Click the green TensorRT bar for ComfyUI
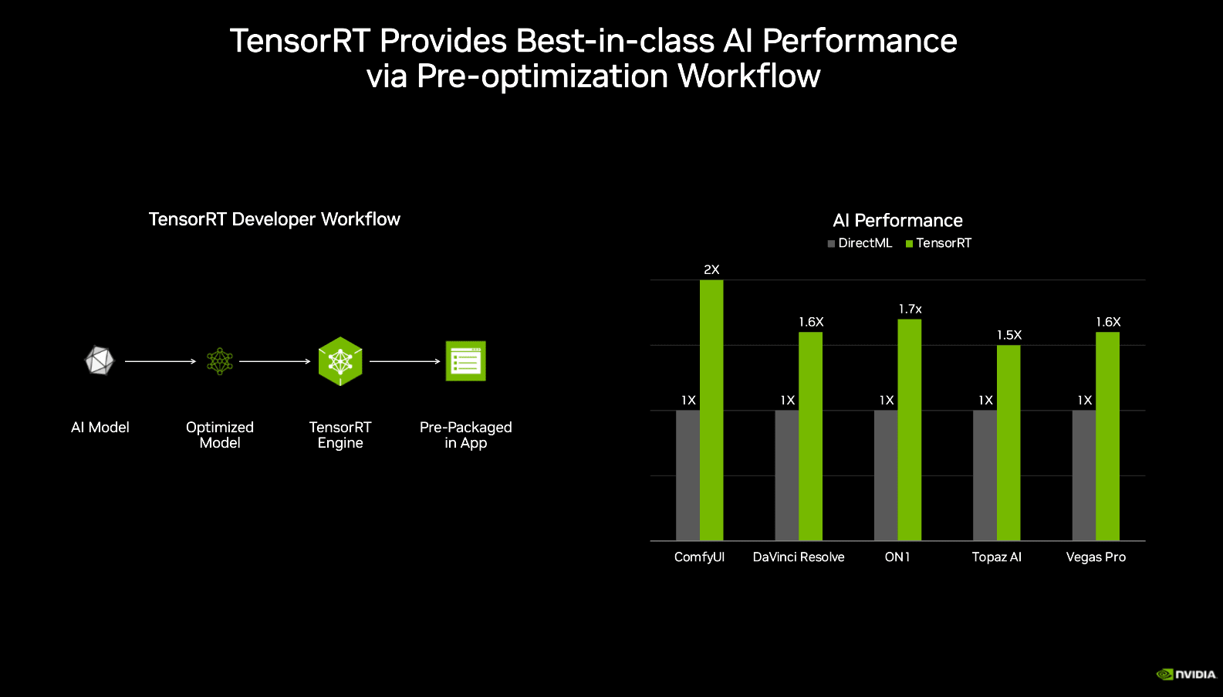point(711,409)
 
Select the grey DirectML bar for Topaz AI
point(985,475)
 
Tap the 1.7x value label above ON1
point(910,309)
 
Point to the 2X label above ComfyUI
point(711,269)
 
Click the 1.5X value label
point(1008,335)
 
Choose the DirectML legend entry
point(860,243)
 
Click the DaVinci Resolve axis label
point(799,557)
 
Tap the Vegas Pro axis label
point(1096,557)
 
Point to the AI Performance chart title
point(897,221)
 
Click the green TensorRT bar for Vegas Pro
point(1107,436)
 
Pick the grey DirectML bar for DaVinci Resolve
point(786,475)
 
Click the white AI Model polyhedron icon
point(100,360)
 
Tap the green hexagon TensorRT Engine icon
point(340,361)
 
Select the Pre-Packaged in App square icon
point(465,361)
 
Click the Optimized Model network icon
point(220,361)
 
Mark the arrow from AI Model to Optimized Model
point(160,361)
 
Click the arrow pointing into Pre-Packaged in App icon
point(404,361)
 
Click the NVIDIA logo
point(1186,674)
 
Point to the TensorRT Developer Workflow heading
point(274,219)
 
